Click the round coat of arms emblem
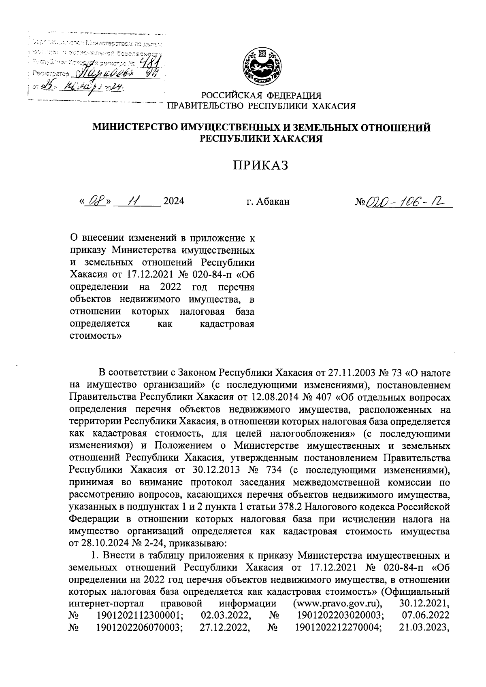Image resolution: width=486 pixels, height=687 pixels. coord(262,66)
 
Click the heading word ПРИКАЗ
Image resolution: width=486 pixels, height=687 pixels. coord(261,165)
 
